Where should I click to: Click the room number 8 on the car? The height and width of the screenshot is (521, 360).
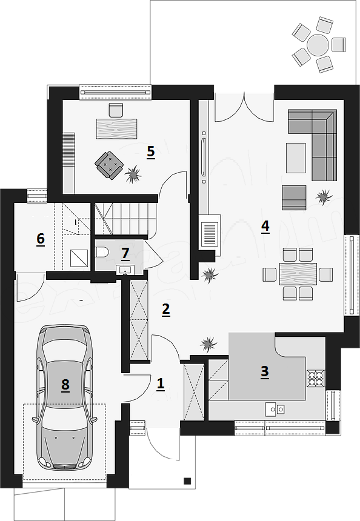65,385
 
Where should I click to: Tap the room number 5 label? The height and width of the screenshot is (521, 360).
150,152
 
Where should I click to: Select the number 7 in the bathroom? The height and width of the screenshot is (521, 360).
125,253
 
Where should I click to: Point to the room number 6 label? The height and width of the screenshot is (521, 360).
41,239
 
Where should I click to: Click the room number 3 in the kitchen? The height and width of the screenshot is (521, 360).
265,372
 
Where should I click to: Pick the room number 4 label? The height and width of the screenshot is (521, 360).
265,227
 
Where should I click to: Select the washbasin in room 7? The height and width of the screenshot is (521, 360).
125,270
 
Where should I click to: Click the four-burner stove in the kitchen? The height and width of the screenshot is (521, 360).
316,379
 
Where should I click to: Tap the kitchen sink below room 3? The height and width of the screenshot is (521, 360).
275,409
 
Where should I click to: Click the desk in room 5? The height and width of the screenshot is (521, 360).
117,128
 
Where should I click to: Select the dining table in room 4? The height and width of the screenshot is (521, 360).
298,274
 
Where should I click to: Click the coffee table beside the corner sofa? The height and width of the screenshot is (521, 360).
296,158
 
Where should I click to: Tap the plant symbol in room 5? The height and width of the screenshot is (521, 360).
133,174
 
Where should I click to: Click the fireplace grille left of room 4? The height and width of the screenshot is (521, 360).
210,235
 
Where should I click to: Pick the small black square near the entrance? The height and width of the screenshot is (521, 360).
187,480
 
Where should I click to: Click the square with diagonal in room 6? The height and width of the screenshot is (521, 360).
79,258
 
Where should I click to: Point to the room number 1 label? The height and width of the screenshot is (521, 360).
160,383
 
